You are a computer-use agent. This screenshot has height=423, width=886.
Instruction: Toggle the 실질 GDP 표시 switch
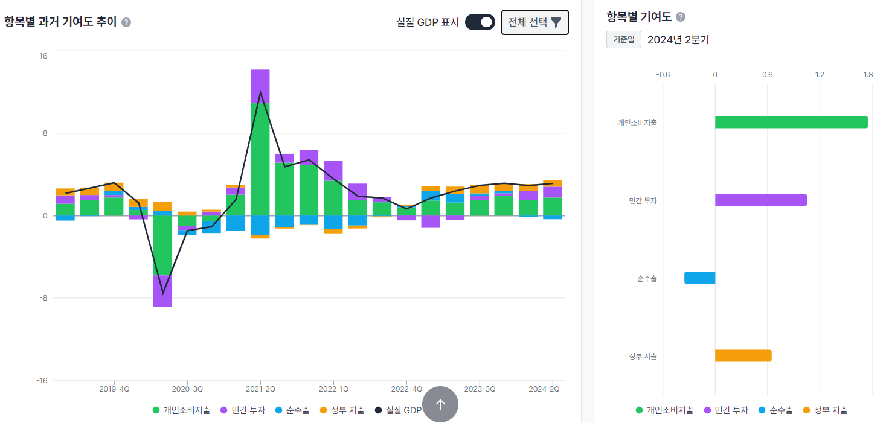tap(480, 22)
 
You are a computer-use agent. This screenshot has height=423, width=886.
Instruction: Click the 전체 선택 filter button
tap(534, 22)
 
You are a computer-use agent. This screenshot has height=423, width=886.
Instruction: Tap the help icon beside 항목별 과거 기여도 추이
tap(126, 22)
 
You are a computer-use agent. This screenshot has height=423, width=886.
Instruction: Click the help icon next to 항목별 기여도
tap(681, 17)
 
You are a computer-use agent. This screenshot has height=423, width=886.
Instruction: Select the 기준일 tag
tap(623, 40)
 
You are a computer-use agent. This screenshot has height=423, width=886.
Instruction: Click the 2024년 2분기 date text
tap(678, 40)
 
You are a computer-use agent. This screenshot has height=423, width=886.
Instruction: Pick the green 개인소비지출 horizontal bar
tap(791, 122)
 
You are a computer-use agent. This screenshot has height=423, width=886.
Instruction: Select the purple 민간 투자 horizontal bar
tap(760, 200)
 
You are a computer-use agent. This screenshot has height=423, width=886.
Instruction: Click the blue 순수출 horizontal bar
tap(700, 278)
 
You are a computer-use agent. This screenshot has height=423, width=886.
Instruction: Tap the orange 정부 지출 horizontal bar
tap(743, 356)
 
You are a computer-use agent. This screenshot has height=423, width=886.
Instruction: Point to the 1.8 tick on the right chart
tap(868, 75)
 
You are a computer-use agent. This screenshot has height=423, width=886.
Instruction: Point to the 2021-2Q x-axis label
tap(260, 389)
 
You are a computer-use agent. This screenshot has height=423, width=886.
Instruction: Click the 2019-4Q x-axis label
tap(114, 389)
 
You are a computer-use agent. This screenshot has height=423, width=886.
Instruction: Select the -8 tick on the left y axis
tap(43, 298)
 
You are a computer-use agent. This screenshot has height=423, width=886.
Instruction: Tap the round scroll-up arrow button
tap(440, 404)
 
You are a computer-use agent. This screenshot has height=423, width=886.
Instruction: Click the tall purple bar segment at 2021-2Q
tap(260, 86)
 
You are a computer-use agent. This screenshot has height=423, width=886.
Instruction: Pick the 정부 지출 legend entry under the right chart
tap(826, 410)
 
